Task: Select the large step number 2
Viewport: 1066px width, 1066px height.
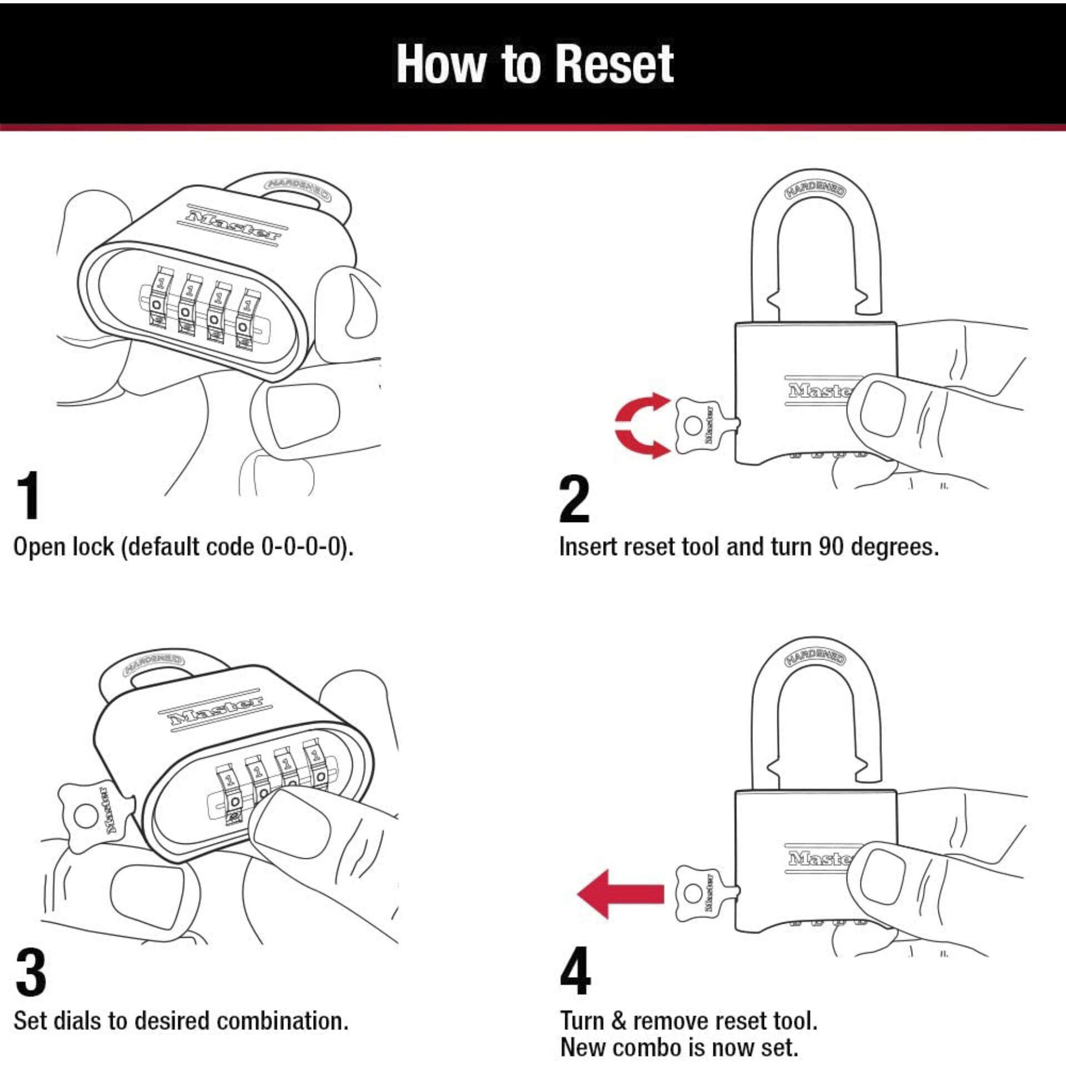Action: [x=574, y=499]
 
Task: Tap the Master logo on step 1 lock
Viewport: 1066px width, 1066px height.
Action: [x=233, y=224]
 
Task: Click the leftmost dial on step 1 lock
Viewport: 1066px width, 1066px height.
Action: [x=157, y=303]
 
